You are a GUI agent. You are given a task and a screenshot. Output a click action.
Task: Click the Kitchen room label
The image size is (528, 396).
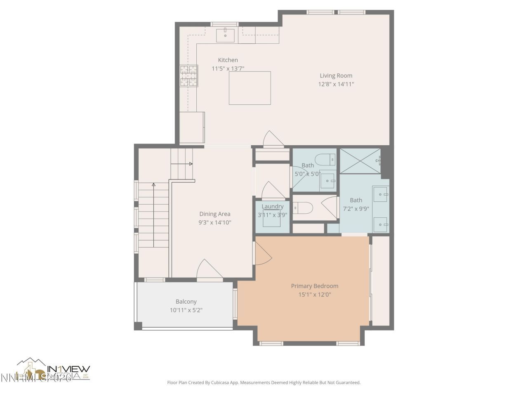tap(228, 60)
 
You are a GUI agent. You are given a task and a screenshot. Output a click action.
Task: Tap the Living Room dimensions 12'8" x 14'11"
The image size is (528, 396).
tap(336, 84)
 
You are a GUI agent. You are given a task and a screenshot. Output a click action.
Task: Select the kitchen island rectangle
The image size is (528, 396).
tap(250, 88)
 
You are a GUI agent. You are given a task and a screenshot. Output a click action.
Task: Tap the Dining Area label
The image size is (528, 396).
tap(214, 214)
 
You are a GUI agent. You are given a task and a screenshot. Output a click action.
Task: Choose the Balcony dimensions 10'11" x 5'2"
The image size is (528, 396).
tap(186, 310)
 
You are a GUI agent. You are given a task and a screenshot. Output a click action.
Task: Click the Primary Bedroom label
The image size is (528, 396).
tap(314, 286)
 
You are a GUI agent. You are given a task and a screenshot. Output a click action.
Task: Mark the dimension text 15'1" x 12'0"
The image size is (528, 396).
tap(314, 295)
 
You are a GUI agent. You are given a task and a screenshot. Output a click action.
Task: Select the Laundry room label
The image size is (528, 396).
tap(272, 207)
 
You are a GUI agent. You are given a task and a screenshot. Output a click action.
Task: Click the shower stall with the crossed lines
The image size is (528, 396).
tap(359, 161)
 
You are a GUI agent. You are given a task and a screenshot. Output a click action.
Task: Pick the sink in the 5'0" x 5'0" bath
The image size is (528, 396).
tap(328, 181)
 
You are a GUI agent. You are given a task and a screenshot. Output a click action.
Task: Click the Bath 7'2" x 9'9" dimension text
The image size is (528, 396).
tap(356, 209)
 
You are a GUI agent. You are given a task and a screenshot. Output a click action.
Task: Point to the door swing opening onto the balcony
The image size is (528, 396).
tap(210, 270)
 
